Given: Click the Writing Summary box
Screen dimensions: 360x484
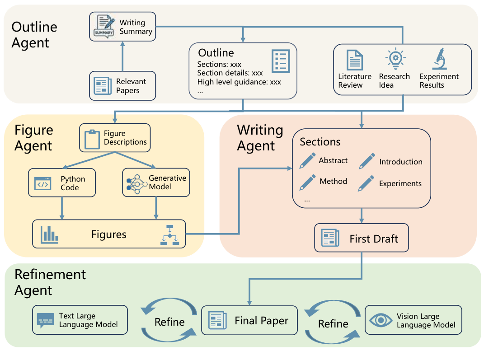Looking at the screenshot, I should coord(122,27).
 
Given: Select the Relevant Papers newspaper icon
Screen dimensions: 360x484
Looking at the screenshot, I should coord(103,86).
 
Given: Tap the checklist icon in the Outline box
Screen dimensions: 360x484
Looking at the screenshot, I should coord(280,61).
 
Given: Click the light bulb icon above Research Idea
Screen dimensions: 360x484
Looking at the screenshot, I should coord(395,59).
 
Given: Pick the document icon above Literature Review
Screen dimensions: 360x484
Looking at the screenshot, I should coord(355,60).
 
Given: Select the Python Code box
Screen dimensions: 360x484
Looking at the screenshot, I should coord(62,183).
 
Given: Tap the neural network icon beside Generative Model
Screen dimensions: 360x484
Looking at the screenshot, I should coord(136,182).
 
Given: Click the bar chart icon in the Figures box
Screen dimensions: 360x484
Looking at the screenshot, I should coord(50,234).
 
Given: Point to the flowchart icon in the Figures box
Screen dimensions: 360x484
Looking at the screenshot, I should coord(169,235).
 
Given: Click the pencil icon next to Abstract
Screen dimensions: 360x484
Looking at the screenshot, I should coord(308,161).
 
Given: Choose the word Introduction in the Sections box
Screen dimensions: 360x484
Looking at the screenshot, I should coord(401,162).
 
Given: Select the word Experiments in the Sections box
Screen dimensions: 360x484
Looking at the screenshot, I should coord(400,183).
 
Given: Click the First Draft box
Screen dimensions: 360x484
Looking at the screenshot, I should coord(362,238).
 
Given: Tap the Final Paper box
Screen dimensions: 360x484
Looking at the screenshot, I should coord(249,321).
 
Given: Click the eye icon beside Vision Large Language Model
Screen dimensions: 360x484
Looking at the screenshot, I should coord(381,320).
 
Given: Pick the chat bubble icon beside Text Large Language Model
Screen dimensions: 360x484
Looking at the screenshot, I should coord(45,320).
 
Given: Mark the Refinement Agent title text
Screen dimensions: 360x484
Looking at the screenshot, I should coord(50,282).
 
